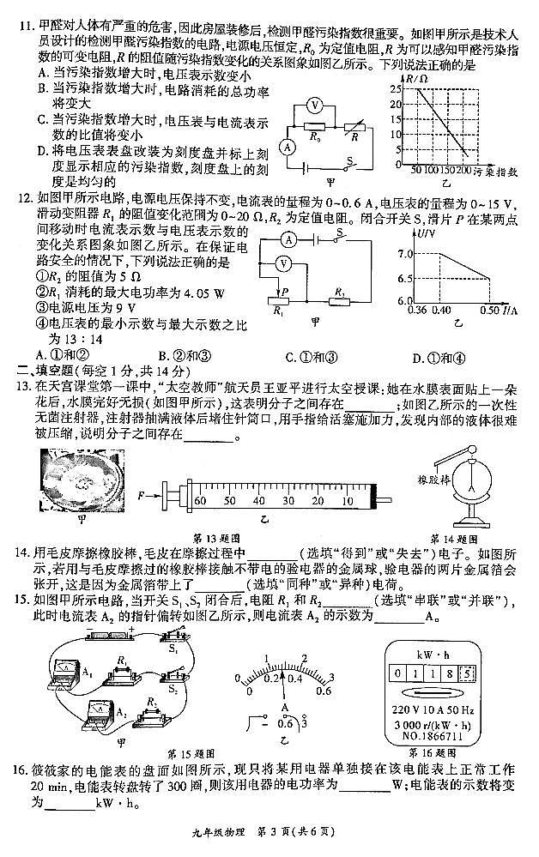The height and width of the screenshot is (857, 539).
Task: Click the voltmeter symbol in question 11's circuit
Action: point(316,104)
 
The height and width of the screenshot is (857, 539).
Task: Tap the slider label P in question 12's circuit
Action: point(284,293)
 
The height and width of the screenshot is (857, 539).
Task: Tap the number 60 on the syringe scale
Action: point(201,498)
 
